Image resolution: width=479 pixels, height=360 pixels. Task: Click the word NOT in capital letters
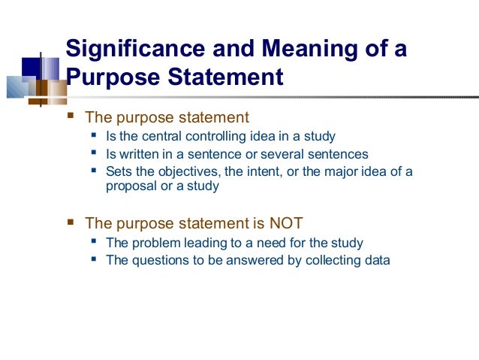coord(287,223)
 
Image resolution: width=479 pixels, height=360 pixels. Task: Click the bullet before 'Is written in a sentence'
coord(93,154)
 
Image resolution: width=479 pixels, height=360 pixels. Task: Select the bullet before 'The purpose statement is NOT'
coord(71,222)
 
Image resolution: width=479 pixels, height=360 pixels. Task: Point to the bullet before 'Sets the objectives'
coord(93,171)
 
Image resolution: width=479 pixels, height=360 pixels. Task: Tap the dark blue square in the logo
coord(30,68)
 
